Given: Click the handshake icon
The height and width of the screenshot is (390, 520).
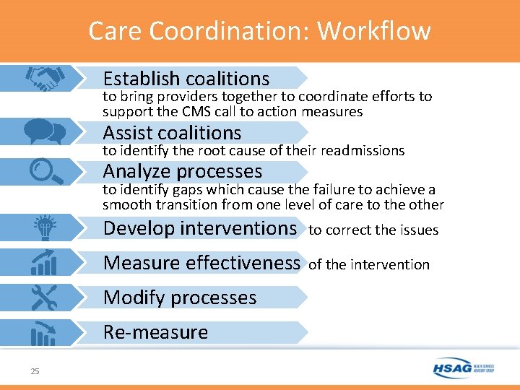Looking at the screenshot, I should coord(44,78).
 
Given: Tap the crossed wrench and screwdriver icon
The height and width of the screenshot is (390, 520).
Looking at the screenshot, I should coord(44,297).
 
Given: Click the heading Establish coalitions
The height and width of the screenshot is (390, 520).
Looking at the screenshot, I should coord(186,78).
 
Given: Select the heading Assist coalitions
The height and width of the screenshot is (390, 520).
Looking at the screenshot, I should coord(172,133).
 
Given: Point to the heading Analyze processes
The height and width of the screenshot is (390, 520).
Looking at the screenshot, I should coord(182,171).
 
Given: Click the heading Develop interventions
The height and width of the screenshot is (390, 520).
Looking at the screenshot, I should coord(200,228).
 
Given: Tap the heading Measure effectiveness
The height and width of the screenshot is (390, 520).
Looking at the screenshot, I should coord(201,262).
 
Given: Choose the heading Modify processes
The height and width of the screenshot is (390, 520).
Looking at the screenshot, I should coord(180,298).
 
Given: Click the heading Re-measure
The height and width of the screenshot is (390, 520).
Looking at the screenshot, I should coord(155,332).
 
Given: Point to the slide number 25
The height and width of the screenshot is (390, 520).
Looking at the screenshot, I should coord(35,371).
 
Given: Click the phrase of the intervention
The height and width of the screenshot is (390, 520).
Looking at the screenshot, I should coord(368,264).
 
